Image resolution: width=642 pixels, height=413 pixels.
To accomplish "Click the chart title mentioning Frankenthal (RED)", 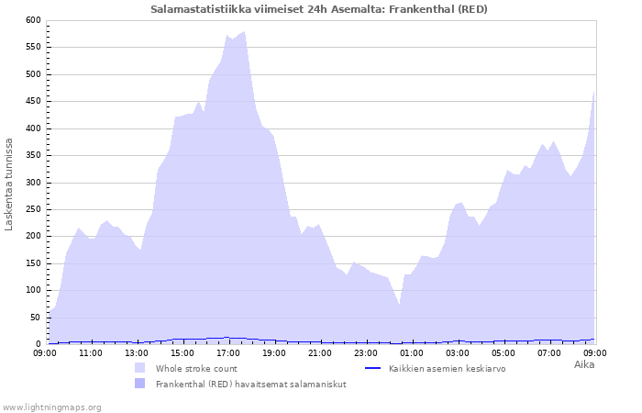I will tap(319, 9).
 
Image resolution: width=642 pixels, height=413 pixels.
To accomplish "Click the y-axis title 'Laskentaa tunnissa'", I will tap(9, 184).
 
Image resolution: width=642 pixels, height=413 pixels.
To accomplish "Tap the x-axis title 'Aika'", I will tap(583, 364).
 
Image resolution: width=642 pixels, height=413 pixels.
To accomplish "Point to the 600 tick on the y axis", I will tap(33, 20).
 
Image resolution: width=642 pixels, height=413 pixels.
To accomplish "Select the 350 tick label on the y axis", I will tap(33, 155).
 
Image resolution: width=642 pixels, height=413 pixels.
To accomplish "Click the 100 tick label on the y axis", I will tap(33, 290).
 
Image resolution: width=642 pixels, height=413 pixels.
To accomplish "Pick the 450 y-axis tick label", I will tap(33, 101).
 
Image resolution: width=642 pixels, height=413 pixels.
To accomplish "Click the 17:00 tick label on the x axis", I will tap(228, 352).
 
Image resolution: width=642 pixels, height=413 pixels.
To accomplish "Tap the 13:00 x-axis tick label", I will tap(137, 352).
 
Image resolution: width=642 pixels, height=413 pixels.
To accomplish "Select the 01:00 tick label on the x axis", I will tap(412, 352).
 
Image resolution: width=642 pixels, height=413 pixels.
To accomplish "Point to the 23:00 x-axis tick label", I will tap(366, 352).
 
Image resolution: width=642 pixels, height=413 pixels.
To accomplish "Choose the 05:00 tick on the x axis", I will tap(504, 352).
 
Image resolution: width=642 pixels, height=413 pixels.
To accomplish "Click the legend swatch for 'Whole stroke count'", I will tap(139, 368).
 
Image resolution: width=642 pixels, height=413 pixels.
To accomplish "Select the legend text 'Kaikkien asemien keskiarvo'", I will tap(447, 368).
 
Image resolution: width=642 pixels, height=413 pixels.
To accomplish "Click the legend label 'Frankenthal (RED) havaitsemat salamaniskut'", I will tap(250, 384).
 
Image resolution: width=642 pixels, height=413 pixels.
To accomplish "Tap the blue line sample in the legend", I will tap(372, 368).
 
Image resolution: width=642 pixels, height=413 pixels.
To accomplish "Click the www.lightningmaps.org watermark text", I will tap(51, 407).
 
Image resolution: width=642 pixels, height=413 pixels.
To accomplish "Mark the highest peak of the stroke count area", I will tap(244, 32).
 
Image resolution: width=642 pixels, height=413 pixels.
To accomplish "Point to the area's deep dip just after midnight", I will tap(399, 303).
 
